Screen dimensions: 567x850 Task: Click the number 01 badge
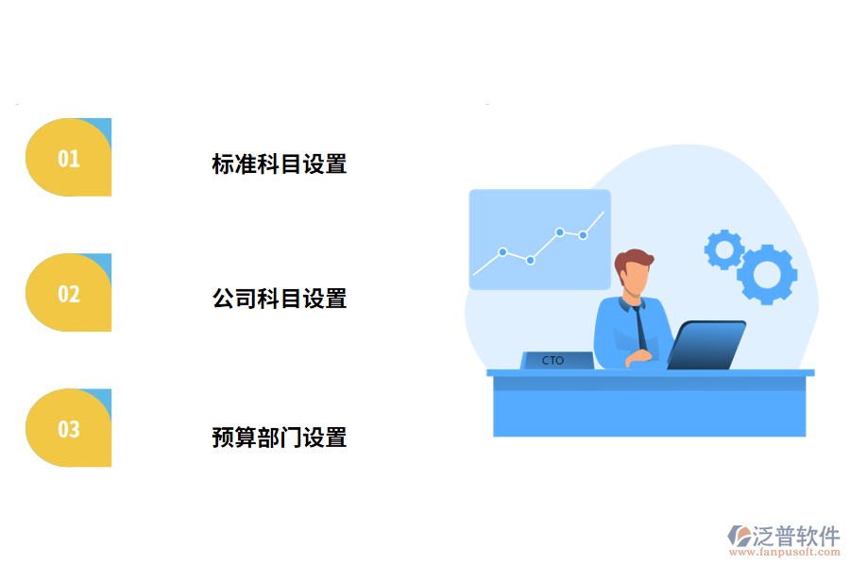click(68, 158)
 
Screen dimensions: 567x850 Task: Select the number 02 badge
click(68, 293)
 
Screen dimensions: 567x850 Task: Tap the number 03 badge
click(68, 429)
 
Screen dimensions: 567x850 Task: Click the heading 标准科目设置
click(279, 163)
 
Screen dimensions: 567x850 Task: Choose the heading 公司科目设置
click(279, 299)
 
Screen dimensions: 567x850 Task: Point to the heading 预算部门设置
click(279, 438)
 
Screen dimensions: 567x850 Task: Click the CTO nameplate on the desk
click(556, 360)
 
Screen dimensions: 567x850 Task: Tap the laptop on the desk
click(706, 345)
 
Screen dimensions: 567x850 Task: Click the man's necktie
click(640, 327)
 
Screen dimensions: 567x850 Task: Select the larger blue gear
click(767, 274)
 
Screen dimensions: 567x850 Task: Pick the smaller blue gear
click(724, 249)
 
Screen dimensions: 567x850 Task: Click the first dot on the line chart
click(502, 252)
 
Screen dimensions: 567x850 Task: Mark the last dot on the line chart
click(583, 234)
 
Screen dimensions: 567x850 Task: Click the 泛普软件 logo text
click(795, 536)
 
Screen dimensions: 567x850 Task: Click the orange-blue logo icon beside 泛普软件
click(739, 538)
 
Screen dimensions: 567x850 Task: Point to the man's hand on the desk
click(640, 356)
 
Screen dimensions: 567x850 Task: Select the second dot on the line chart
click(530, 260)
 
